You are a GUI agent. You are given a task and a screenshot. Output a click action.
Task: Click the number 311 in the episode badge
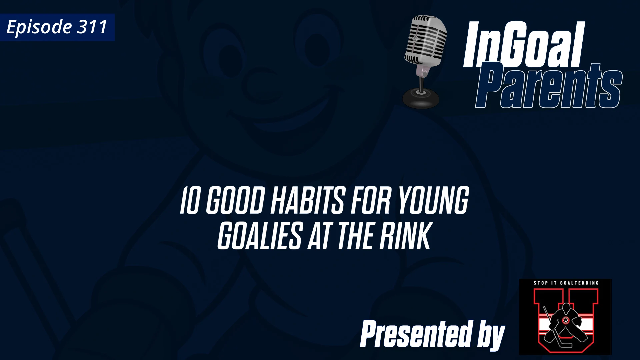[92, 27]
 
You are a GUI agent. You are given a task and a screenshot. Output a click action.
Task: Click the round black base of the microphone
[421, 98]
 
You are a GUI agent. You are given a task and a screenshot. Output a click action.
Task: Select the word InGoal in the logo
[523, 45]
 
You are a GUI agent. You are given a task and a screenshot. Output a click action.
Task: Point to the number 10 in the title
[189, 201]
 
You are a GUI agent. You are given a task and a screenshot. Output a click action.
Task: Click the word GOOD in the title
[235, 201]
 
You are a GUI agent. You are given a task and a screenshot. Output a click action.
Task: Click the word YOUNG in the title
[433, 201]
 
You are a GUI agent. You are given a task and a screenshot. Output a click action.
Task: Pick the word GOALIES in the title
[260, 236]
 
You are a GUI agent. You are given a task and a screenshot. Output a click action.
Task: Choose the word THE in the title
[357, 236]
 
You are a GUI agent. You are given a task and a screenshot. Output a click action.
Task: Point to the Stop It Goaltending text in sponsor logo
[566, 283]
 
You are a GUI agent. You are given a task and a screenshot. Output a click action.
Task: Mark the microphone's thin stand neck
[422, 82]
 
